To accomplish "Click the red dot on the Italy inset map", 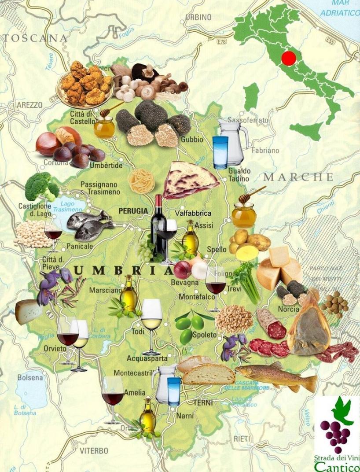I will pyautogui.click(x=289, y=58).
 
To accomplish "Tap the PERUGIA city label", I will pyautogui.click(x=133, y=211).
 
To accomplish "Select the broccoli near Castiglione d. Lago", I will pyautogui.click(x=41, y=187).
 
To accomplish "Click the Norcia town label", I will pyautogui.click(x=288, y=309).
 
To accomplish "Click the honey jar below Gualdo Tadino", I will pyautogui.click(x=244, y=214).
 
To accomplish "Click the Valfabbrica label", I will pyautogui.click(x=193, y=213).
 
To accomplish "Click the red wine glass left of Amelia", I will pyautogui.click(x=113, y=396).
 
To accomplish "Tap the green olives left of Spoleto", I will pyautogui.click(x=190, y=328).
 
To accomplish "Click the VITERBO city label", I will pyautogui.click(x=94, y=451).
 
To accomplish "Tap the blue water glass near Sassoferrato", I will pyautogui.click(x=220, y=152).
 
